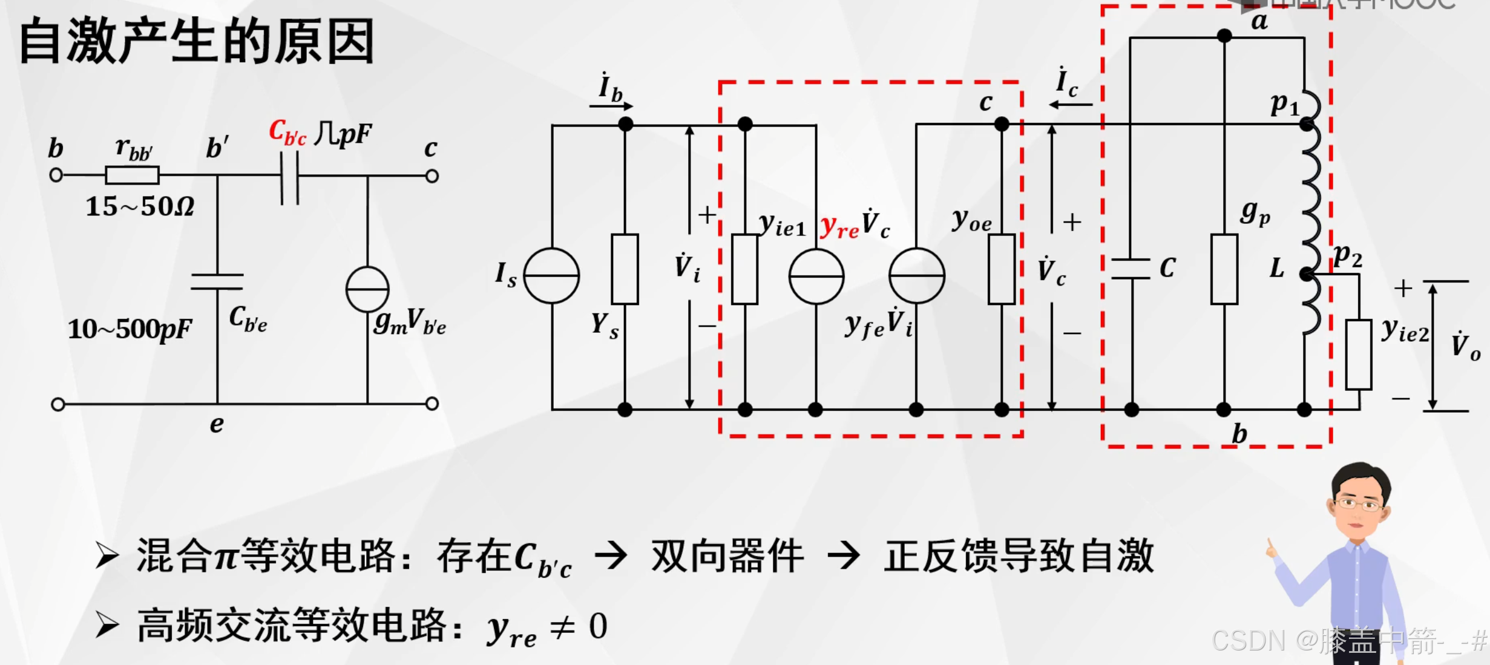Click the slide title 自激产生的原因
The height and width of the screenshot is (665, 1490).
click(x=197, y=41)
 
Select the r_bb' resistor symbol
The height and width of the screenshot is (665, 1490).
click(x=132, y=175)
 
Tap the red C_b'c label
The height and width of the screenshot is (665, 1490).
click(x=287, y=133)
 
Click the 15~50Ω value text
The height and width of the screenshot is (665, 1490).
click(x=140, y=207)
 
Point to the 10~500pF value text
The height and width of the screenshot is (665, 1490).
click(x=130, y=329)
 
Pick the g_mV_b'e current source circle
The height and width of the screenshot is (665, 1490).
click(x=367, y=289)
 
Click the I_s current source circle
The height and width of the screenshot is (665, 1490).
click(x=551, y=275)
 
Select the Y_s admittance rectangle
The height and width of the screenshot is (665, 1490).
click(x=625, y=269)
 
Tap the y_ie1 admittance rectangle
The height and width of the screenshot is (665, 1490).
click(x=744, y=269)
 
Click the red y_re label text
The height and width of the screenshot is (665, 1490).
click(x=839, y=227)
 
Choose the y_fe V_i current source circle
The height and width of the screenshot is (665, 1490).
click(x=916, y=275)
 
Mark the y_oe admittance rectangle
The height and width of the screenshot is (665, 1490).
click(x=1002, y=269)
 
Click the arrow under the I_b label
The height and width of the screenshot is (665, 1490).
click(x=611, y=106)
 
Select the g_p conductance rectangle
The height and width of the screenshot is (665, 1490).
click(x=1224, y=269)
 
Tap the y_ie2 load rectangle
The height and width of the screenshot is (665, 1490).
click(x=1359, y=355)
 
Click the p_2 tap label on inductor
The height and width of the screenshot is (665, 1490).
click(x=1347, y=255)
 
